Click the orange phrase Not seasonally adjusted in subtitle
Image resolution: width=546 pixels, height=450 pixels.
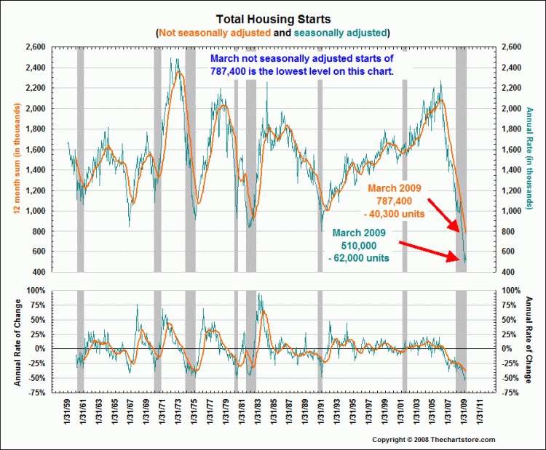coord(213,33)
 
